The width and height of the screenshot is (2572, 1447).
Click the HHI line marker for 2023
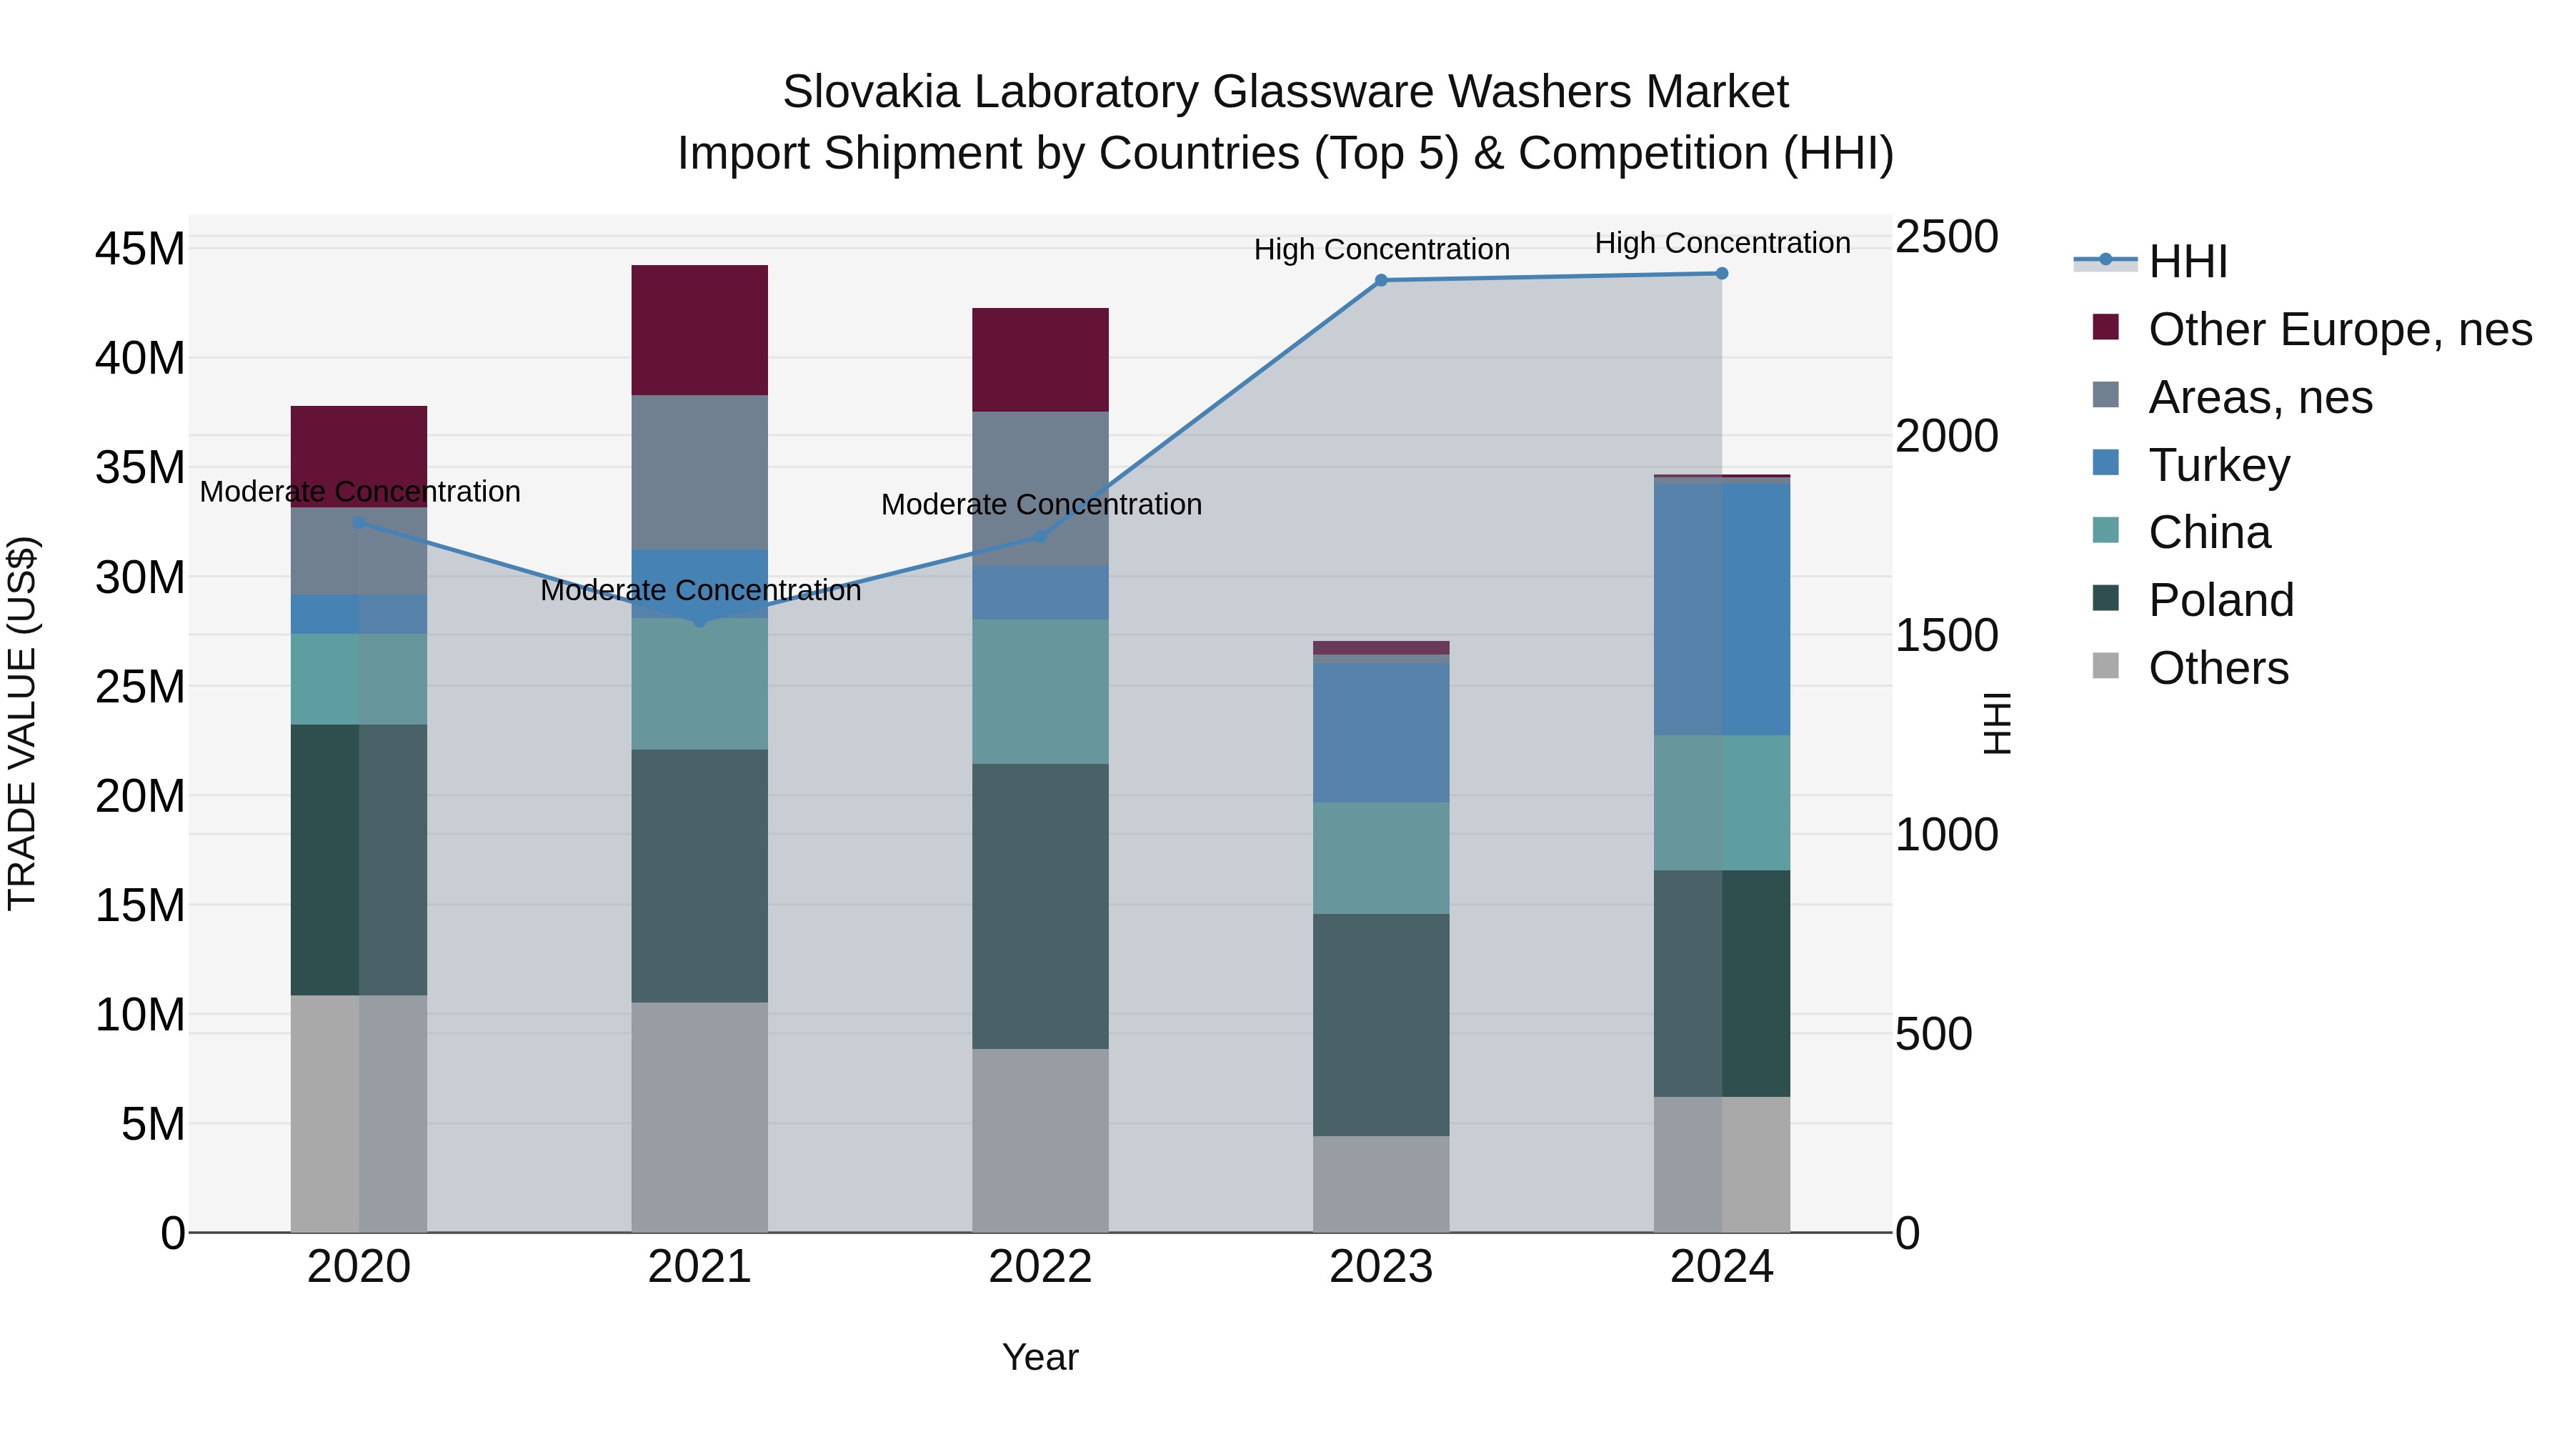pyautogui.click(x=1381, y=281)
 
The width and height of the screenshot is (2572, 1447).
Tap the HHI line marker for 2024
pyautogui.click(x=1721, y=274)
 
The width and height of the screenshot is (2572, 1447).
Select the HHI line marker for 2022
pyautogui.click(x=1040, y=537)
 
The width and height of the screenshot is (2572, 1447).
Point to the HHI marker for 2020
pyautogui.click(x=359, y=522)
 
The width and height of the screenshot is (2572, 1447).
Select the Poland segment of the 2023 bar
pyautogui.click(x=1381, y=1025)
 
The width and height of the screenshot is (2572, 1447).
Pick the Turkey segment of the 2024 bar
pyautogui.click(x=1721, y=609)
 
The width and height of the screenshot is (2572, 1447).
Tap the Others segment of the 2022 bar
pyautogui.click(x=1040, y=1140)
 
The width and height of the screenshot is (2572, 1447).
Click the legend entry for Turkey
pyautogui.click(x=2218, y=465)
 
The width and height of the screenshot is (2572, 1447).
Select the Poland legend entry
pyautogui.click(x=2220, y=600)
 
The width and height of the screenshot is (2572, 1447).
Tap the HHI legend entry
pyautogui.click(x=2187, y=262)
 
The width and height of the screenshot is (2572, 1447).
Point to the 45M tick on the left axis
pyautogui.click(x=140, y=249)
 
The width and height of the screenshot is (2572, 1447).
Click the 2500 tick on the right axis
pyautogui.click(x=1946, y=238)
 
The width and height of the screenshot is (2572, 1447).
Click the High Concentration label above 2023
pyautogui.click(x=1381, y=249)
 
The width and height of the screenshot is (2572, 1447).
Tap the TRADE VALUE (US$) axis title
pyautogui.click(x=22, y=723)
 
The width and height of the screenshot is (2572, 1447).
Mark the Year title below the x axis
pyautogui.click(x=1040, y=1357)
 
